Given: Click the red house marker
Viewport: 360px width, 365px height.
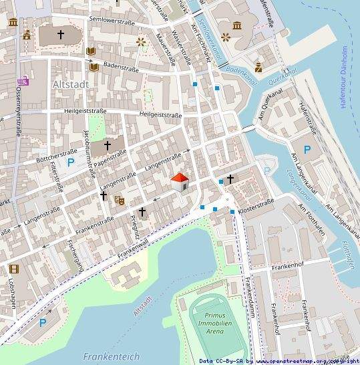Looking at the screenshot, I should (180, 181).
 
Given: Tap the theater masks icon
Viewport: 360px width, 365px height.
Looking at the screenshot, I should (120, 199).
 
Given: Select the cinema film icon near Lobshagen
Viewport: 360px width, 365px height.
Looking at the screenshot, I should (14, 269).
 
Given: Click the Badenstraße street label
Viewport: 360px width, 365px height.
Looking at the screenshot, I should (120, 66).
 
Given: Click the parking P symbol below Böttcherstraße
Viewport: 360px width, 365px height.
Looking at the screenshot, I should (69, 162).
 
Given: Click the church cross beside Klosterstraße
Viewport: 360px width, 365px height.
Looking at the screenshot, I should (230, 179).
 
